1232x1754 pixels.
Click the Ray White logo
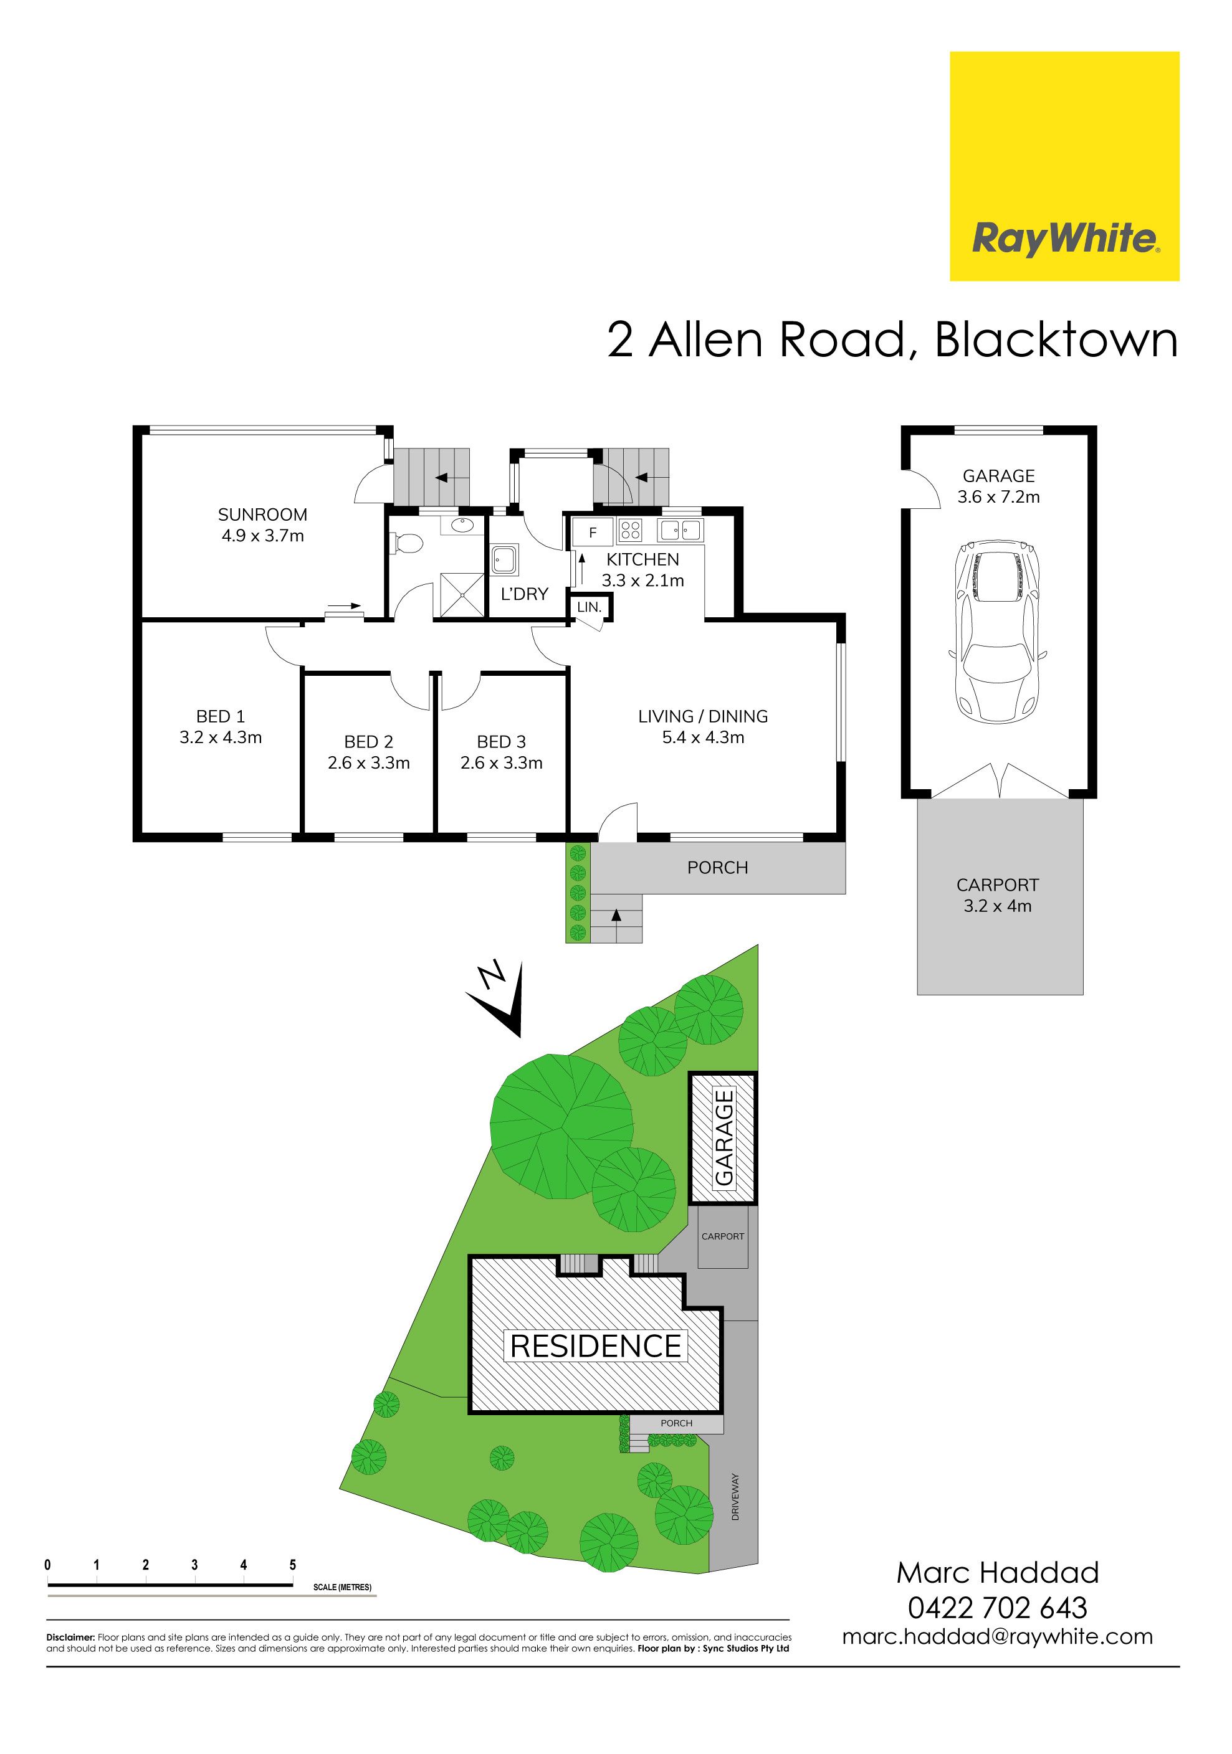click(1064, 166)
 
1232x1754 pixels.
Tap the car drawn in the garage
click(997, 630)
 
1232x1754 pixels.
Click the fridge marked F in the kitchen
click(592, 533)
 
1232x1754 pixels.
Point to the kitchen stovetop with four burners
click(631, 529)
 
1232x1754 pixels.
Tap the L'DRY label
click(524, 594)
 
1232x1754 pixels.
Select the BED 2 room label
click(368, 741)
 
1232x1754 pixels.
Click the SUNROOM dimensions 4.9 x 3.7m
click(263, 536)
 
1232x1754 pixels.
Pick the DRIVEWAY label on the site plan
click(735, 1497)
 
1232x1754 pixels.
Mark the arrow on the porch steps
click(616, 915)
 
